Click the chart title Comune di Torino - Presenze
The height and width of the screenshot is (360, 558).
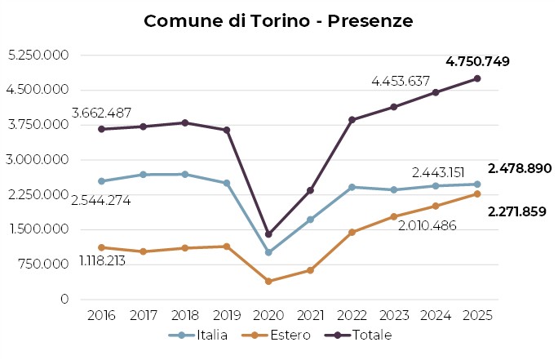[278, 20]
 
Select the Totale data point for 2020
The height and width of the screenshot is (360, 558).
[268, 234]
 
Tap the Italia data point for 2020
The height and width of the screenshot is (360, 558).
[268, 252]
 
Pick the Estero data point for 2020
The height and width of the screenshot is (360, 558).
[268, 281]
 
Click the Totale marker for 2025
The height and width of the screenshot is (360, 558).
[477, 78]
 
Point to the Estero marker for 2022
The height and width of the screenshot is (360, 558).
[352, 233]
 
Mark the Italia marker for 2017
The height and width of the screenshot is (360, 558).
[143, 175]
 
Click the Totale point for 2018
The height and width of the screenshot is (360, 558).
[185, 122]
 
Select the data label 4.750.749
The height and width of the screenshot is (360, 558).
[477, 61]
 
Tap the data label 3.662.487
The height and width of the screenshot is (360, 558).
[102, 113]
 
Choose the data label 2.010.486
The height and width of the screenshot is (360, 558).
[432, 224]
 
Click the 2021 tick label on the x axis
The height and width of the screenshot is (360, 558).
[310, 314]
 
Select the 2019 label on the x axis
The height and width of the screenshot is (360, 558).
[227, 314]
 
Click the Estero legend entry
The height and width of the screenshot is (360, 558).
[281, 336]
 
